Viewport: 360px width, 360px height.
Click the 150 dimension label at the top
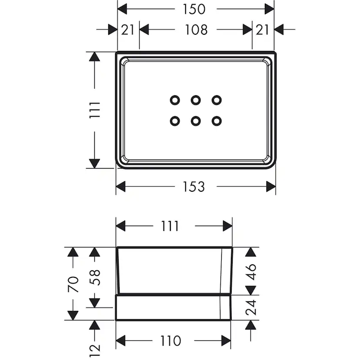(194, 9)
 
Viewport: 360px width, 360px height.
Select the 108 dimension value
(196, 30)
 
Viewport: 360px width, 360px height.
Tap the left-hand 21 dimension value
(127, 30)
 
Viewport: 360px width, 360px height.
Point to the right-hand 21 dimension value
(262, 30)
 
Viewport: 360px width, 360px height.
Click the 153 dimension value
(194, 187)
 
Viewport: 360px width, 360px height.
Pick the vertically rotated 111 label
(96, 110)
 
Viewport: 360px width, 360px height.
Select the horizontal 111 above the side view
(170, 226)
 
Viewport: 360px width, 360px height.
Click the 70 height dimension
(73, 284)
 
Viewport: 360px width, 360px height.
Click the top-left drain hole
(174, 100)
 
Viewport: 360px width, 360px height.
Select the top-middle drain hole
(196, 100)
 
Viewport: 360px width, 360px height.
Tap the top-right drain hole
(217, 100)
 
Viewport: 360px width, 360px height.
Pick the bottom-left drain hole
(174, 120)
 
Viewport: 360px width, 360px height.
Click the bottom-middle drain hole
(196, 120)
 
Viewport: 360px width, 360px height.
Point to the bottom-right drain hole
(217, 120)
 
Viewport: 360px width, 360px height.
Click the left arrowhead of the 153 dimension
(121, 187)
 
